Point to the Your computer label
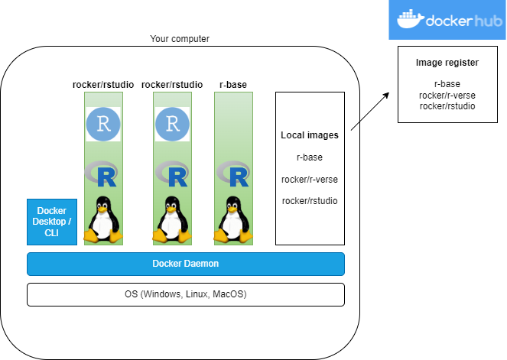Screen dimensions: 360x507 point(180,39)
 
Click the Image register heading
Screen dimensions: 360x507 point(447,63)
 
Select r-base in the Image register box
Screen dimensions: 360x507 point(447,84)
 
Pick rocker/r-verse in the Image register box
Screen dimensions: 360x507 point(447,95)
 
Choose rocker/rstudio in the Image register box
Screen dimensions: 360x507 point(447,105)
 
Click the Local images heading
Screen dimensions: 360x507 point(310,136)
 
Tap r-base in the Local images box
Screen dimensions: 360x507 point(310,157)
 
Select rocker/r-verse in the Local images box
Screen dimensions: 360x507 point(310,179)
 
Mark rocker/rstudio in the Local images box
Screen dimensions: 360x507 point(310,200)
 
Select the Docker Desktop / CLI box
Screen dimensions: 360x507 point(52,222)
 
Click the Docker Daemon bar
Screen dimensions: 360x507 point(186,264)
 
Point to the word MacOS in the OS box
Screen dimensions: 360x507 point(229,294)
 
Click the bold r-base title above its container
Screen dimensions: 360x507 point(232,84)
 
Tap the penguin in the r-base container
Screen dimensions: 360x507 point(234,219)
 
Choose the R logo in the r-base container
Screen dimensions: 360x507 point(234,175)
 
